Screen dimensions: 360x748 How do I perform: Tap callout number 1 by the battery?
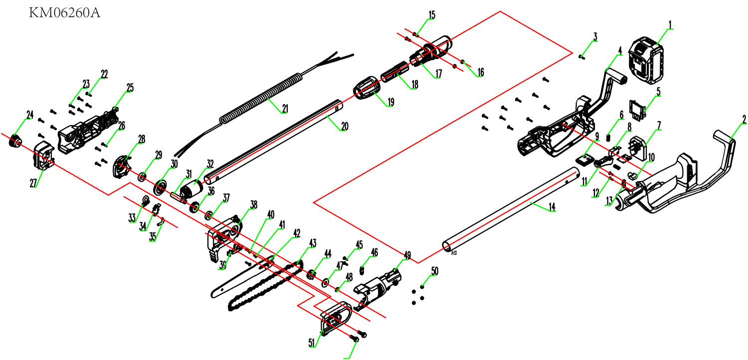(671, 24)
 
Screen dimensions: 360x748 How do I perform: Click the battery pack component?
(647, 61)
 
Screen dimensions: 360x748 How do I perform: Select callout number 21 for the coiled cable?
(285, 109)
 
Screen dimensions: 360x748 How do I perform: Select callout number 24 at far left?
(29, 115)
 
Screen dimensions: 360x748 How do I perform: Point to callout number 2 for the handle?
(744, 119)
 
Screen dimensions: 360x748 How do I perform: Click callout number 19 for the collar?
(390, 102)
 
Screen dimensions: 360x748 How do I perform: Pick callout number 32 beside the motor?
(210, 163)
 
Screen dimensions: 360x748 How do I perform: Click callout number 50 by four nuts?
(435, 271)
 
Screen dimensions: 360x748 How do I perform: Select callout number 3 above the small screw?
(595, 37)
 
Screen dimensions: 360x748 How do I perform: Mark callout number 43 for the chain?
(313, 243)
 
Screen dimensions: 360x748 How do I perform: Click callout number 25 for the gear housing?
(130, 88)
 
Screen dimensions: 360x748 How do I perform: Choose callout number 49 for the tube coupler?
(407, 256)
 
